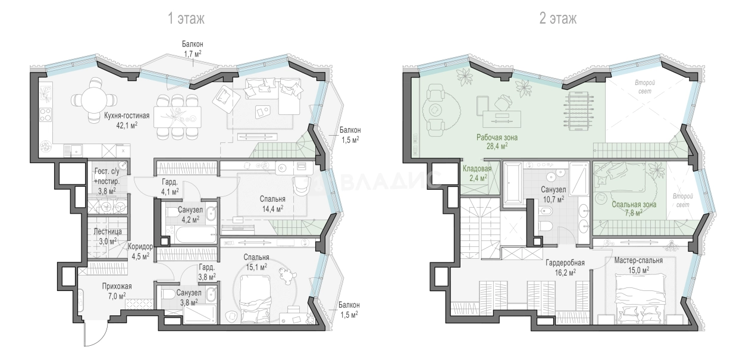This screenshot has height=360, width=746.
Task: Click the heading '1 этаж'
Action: click(186, 18)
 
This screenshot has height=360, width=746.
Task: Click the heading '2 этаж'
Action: click(558, 18)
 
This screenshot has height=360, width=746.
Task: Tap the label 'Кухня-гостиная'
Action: click(127, 115)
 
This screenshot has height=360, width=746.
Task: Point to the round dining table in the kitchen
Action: click(94, 99)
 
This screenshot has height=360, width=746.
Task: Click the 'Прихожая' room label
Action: click(117, 286)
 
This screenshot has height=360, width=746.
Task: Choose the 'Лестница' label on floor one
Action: click(107, 231)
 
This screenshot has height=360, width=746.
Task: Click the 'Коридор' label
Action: click(140, 247)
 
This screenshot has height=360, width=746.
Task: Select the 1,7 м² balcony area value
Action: click(193, 54)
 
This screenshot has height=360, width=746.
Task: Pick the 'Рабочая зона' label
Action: click(497, 137)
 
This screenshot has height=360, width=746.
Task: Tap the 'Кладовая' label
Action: click(477, 168)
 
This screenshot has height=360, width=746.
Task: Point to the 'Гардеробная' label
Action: click(565, 263)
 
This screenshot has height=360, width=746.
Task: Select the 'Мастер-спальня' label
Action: click(638, 260)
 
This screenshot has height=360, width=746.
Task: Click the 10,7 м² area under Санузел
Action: click(553, 199)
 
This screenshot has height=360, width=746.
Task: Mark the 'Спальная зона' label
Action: click(634, 204)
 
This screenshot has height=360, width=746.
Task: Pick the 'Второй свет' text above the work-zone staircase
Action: click(645, 87)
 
